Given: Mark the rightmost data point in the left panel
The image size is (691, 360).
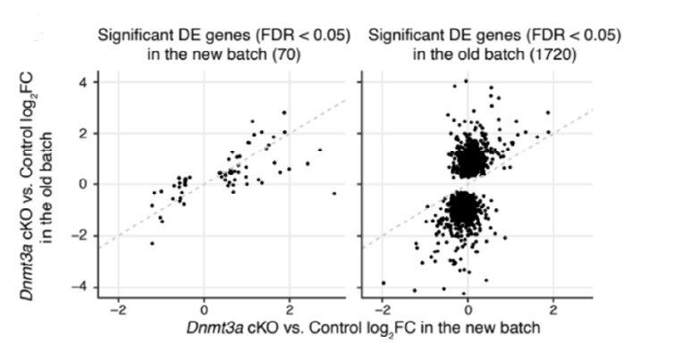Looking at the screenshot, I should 333,193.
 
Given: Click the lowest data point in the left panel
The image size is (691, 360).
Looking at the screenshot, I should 152,243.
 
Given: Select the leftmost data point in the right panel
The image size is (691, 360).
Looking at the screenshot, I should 383,282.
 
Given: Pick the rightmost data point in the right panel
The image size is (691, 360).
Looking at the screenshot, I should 548,113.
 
